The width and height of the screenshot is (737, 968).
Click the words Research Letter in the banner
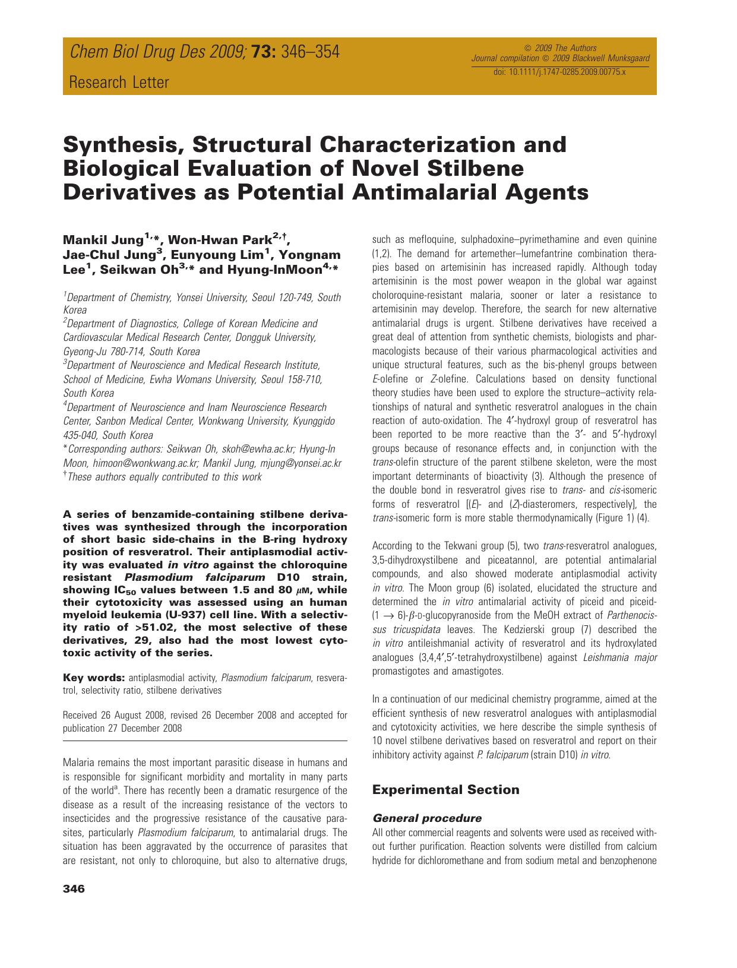click(x=119, y=83)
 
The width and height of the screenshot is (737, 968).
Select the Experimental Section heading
click(x=445, y=790)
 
